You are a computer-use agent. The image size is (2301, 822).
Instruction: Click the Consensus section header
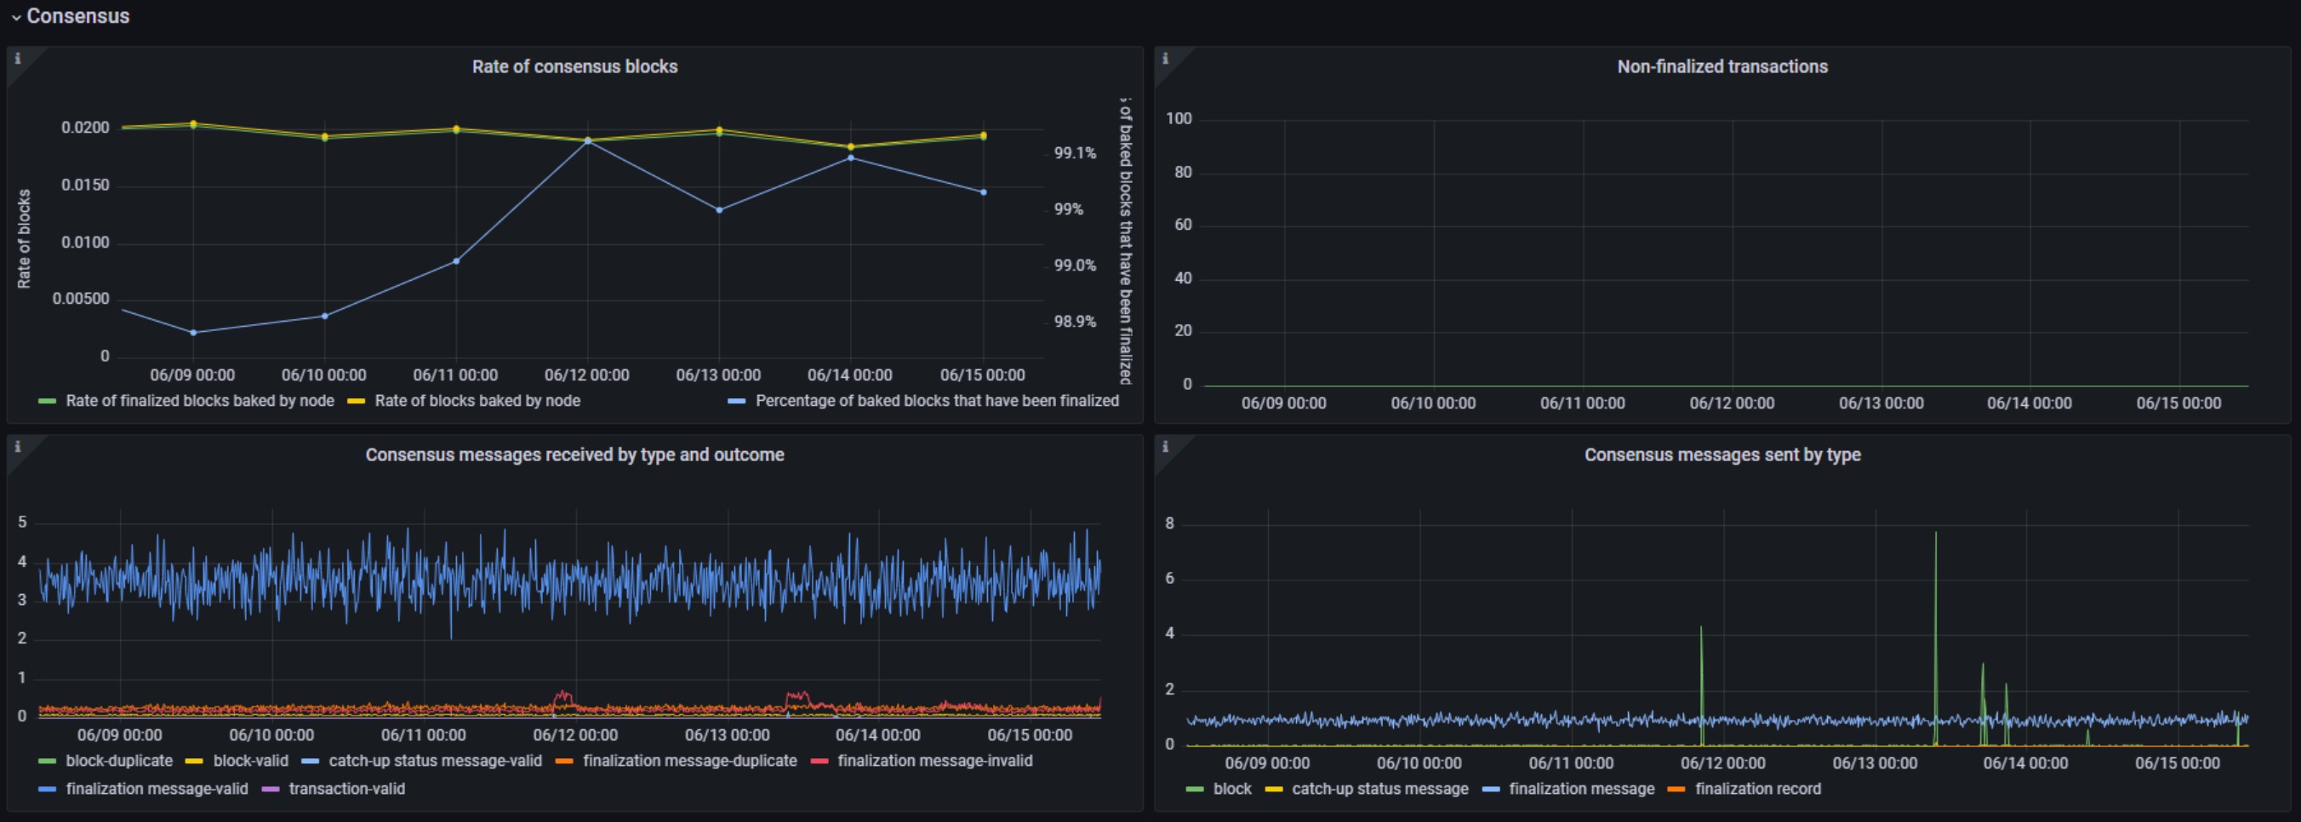pyautogui.click(x=77, y=16)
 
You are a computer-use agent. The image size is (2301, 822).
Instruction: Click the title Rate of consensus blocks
pyautogui.click(x=574, y=66)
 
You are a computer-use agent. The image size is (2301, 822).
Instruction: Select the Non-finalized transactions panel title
pyautogui.click(x=1721, y=66)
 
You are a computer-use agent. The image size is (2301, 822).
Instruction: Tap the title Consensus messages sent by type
pyautogui.click(x=1721, y=454)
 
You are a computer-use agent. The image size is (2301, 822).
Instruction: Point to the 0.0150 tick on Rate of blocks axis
pyautogui.click(x=85, y=185)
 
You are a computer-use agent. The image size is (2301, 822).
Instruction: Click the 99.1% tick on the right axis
pyautogui.click(x=1075, y=153)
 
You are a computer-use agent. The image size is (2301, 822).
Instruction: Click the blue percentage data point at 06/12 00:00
pyautogui.click(x=588, y=141)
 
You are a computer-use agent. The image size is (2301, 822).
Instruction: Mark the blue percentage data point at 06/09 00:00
pyautogui.click(x=193, y=333)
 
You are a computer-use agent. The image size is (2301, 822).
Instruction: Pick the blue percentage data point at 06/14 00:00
pyautogui.click(x=850, y=158)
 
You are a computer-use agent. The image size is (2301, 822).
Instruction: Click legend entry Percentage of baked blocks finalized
pyautogui.click(x=923, y=400)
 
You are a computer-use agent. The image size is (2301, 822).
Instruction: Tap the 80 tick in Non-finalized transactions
pyautogui.click(x=1183, y=173)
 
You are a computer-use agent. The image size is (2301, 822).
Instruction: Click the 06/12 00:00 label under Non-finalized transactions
pyautogui.click(x=1731, y=403)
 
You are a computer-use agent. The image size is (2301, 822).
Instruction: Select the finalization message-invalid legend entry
pyautogui.click(x=922, y=761)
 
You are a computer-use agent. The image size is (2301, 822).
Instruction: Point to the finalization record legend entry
pyautogui.click(x=1744, y=789)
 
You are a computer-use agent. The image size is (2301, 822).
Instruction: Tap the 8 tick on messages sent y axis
pyautogui.click(x=1169, y=523)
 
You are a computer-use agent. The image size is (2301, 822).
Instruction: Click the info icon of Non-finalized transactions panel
pyautogui.click(x=1165, y=58)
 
